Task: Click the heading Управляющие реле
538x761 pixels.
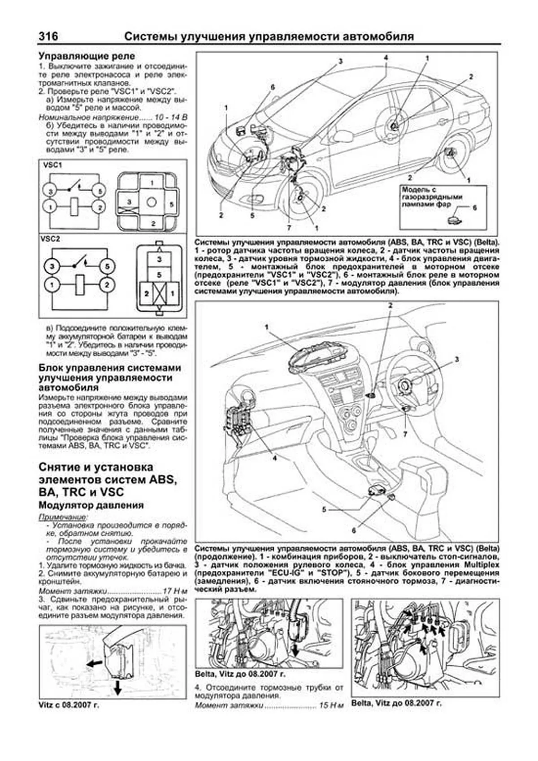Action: click(87, 57)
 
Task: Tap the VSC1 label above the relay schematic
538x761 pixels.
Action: click(52, 165)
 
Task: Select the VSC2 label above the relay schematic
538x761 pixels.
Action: click(52, 239)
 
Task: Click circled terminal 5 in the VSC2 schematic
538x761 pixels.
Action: click(107, 267)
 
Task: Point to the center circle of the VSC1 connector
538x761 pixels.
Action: click(152, 202)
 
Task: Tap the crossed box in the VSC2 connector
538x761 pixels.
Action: click(159, 294)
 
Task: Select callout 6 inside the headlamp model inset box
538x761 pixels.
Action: click(475, 208)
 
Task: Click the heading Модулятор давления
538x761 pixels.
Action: click(91, 505)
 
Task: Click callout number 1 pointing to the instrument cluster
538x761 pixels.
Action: click(267, 327)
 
